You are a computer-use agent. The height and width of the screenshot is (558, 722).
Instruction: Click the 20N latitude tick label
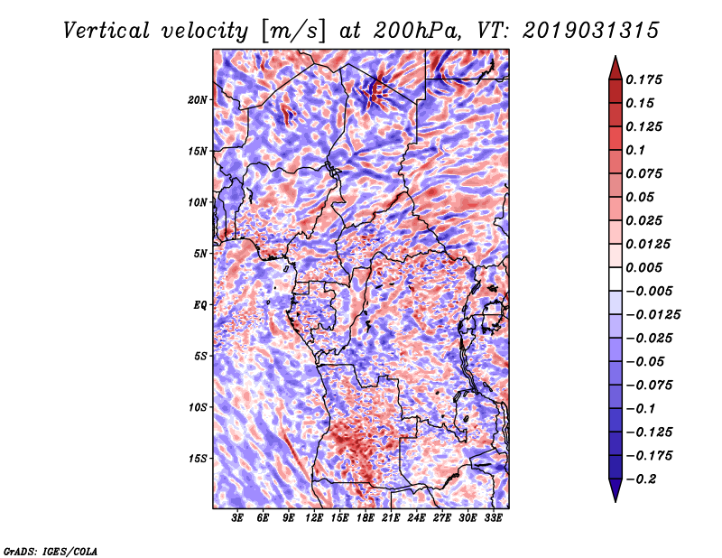pos(199,99)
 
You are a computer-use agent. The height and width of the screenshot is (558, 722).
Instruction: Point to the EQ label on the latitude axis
pos(200,305)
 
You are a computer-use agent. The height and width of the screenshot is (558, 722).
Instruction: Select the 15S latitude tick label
pos(199,459)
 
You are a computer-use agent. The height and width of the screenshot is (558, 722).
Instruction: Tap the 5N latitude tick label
pos(200,254)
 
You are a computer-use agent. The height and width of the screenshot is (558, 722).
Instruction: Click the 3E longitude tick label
pos(237,518)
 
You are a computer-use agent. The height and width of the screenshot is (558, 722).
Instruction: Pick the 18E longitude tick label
pos(366,518)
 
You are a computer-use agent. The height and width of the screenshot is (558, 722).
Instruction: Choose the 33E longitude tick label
pos(493,518)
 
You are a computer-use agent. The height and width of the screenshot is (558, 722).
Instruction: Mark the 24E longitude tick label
pos(417,518)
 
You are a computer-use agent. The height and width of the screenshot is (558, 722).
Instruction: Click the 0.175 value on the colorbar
pos(646,79)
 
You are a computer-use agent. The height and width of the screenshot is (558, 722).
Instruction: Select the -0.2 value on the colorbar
pos(644,479)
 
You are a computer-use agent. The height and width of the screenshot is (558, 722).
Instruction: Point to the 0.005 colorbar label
pos(646,267)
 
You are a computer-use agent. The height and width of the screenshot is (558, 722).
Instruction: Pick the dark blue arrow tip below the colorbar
pos(615,495)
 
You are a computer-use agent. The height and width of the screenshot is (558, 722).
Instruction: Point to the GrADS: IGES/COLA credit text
pos(50,550)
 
